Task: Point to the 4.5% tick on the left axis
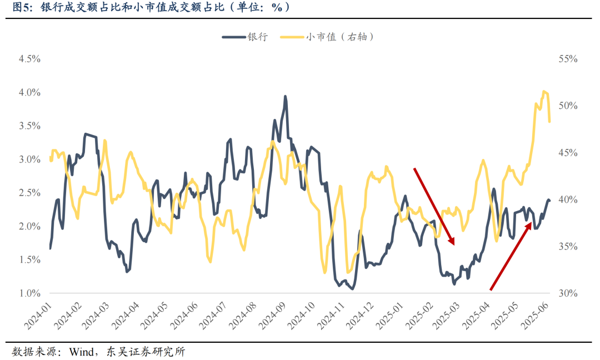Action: tap(29, 59)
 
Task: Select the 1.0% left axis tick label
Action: tap(29, 293)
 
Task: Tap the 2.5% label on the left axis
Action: tap(29, 193)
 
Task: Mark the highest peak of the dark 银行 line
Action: tap(286, 97)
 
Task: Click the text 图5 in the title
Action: tap(21, 8)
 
